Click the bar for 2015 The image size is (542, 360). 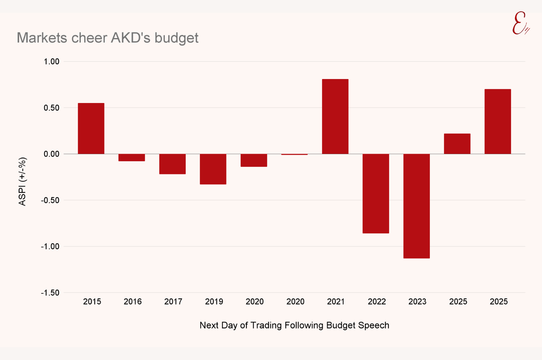tap(91, 128)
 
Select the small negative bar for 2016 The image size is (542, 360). tap(132, 157)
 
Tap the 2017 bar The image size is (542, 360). tap(172, 164)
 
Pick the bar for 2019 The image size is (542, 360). tap(213, 169)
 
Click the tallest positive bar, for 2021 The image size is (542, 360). tap(335, 116)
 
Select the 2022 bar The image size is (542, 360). tap(376, 193)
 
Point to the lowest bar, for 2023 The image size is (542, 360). tap(416, 206)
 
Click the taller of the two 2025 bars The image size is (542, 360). tap(498, 121)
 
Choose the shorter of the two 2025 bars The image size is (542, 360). tap(457, 144)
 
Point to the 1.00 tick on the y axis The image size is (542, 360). tap(52, 62)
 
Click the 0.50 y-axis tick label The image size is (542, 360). tap(52, 108)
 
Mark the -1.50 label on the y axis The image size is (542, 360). tap(50, 293)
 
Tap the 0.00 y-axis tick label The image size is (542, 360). tap(52, 154)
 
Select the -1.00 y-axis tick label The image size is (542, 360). tap(50, 247)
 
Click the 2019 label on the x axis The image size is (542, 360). tap(214, 302)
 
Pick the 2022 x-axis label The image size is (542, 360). tap(377, 302)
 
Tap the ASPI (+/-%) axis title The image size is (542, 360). tap(22, 181)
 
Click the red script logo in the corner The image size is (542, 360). tap(520, 23)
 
